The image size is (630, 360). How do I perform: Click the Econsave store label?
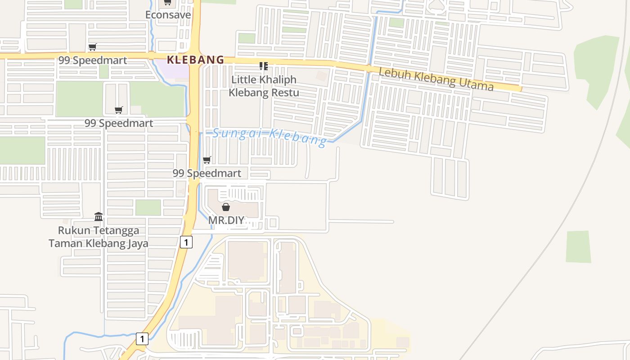point(168,15)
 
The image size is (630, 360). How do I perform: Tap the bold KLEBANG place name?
point(195,60)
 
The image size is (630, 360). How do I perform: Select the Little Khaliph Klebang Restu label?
point(264,86)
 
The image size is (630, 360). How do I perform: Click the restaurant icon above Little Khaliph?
point(264,67)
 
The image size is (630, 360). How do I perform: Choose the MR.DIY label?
point(226,220)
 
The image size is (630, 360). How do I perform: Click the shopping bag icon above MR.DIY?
point(226,207)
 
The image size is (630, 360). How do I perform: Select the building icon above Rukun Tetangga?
point(99,217)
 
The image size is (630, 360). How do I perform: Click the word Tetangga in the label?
point(117,230)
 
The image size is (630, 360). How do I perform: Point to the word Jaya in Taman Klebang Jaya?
point(137,243)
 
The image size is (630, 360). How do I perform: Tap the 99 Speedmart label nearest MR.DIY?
point(207,173)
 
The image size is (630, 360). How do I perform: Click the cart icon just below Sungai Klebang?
point(207,160)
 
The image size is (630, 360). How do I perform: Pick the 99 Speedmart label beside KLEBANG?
point(93,60)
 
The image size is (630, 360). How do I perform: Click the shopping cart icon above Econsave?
point(167,3)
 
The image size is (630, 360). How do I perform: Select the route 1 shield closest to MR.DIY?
point(186,242)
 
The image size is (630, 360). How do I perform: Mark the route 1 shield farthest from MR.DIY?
point(142,338)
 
